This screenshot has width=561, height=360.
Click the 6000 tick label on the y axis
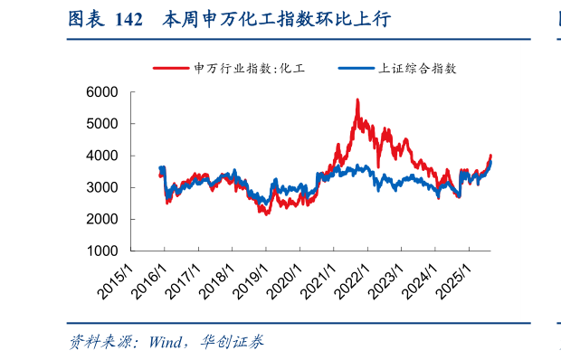(104, 92)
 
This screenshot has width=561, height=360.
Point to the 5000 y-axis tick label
(104, 124)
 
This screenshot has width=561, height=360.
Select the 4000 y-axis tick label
(104, 156)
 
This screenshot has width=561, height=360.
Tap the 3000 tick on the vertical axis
(104, 187)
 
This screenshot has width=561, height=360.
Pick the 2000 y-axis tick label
(104, 219)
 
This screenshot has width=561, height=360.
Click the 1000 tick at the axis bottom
(104, 251)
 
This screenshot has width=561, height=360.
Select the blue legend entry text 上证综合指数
(415, 69)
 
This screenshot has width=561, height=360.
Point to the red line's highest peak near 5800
(357, 100)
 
